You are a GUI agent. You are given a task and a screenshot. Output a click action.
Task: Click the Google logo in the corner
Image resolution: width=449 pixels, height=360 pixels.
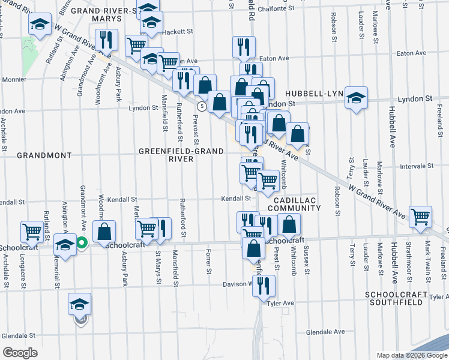coord(20,352)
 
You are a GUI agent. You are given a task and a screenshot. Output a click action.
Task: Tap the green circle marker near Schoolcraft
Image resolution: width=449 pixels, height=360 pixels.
coord(82,243)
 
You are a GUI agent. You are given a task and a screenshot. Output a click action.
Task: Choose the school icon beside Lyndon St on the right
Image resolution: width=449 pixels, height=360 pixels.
coord(356,98)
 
